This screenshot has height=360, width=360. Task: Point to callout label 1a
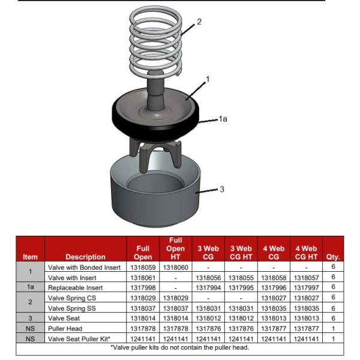point(223,120)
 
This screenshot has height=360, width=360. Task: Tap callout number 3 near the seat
point(221,189)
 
